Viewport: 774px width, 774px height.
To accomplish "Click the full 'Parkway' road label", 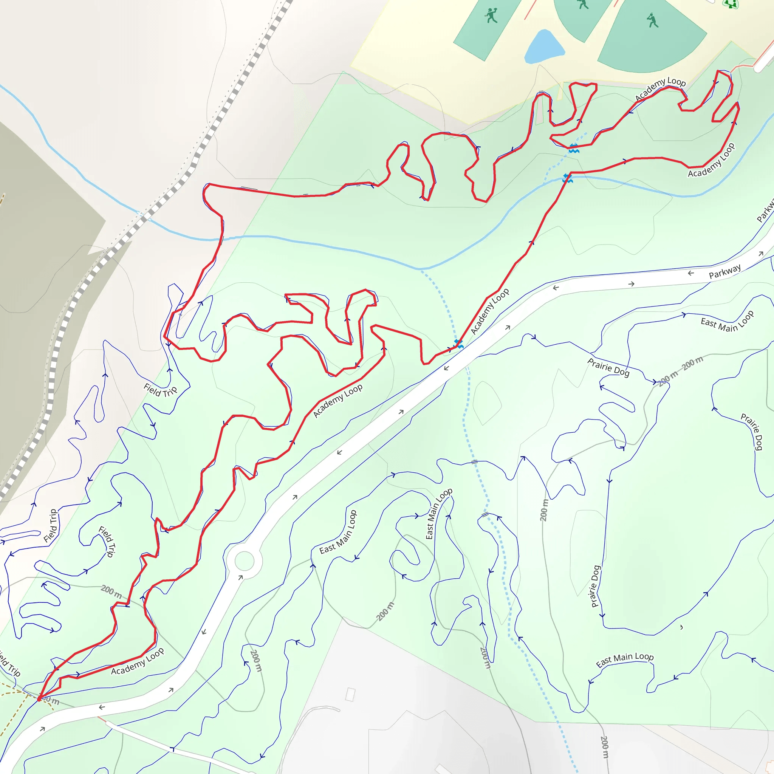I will (x=724, y=272).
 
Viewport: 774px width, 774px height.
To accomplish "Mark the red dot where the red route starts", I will (x=39, y=699).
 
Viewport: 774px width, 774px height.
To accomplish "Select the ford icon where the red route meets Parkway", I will (x=458, y=343).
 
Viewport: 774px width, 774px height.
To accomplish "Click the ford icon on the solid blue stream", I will (x=567, y=178).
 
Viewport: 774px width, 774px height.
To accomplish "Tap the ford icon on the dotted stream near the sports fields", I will (x=574, y=148).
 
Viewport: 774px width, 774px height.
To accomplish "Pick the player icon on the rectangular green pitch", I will (x=491, y=15).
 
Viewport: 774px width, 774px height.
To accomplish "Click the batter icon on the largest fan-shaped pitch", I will (x=652, y=20).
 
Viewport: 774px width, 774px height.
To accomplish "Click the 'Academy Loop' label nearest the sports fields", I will (x=661, y=88).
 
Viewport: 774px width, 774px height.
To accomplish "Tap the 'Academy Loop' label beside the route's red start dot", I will (x=138, y=662).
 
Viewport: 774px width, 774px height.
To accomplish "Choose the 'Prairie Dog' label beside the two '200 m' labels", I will (x=608, y=367).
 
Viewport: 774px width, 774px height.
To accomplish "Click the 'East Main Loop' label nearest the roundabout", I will (x=338, y=532).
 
